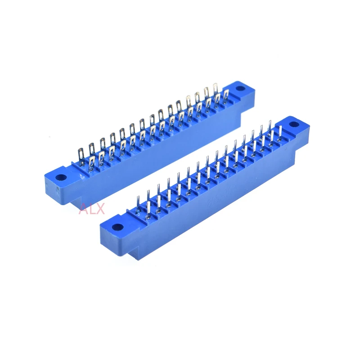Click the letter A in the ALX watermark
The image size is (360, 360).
[84, 209]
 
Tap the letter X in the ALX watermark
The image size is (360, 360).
[100, 209]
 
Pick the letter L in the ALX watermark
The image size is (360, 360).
[92, 209]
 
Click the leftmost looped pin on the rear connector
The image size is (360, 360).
[81, 156]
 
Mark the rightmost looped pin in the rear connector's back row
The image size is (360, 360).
[215, 91]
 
